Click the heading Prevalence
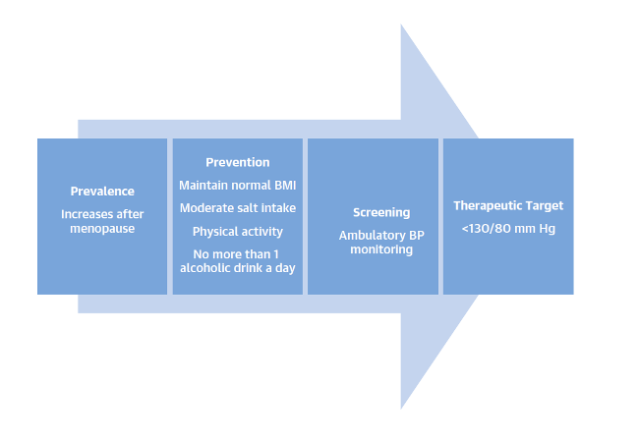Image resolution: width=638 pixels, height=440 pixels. (102, 192)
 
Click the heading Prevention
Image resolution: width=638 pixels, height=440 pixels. (238, 162)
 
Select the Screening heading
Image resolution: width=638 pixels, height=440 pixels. (381, 212)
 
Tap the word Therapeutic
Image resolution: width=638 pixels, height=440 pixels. (483, 206)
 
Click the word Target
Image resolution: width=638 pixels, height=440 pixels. (540, 206)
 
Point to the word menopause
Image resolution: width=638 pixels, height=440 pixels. (102, 229)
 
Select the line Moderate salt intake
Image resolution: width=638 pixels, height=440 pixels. (238, 208)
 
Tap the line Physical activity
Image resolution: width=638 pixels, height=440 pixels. (238, 232)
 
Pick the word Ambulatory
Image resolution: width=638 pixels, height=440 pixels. (372, 236)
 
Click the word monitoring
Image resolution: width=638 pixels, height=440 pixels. (381, 249)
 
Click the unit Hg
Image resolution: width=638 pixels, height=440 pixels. (547, 229)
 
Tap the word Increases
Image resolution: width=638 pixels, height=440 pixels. (87, 214)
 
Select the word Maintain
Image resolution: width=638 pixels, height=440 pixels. (202, 186)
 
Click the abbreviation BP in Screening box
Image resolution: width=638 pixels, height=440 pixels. (417, 236)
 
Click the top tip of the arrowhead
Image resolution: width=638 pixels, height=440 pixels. (401, 25)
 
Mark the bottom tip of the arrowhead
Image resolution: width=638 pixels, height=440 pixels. (401, 409)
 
